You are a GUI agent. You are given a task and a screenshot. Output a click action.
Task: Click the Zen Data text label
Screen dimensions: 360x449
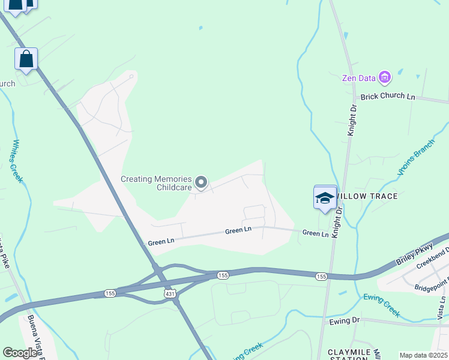[x=358, y=78]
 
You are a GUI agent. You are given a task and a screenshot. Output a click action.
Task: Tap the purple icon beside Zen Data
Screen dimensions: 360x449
[x=385, y=77]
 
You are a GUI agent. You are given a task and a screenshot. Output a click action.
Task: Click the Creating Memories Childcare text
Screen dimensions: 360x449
[x=156, y=183]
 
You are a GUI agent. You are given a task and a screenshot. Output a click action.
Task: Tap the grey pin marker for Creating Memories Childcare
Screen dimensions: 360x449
[x=202, y=182]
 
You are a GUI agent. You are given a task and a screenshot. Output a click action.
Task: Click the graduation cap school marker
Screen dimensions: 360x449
[x=325, y=198]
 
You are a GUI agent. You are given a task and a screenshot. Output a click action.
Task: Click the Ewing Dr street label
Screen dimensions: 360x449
[x=344, y=320]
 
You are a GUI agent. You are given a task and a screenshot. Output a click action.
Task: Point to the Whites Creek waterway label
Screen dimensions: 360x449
[x=17, y=161]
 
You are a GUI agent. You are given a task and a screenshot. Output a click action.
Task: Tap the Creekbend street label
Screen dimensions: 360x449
[x=433, y=259]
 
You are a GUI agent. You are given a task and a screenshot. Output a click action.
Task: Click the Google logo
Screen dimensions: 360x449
[x=20, y=353]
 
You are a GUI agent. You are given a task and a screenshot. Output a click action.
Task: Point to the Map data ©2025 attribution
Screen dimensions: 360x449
[x=423, y=355]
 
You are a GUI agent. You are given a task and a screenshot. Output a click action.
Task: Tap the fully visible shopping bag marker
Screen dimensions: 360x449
[x=26, y=59]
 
